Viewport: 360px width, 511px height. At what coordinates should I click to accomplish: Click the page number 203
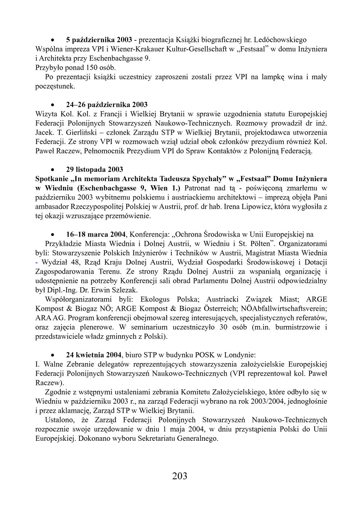(180, 476)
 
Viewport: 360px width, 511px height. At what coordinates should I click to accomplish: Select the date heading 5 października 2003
(99, 40)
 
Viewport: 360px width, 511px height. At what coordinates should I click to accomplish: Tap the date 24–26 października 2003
(107, 105)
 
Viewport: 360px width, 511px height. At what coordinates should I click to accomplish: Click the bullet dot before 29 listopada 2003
(53, 170)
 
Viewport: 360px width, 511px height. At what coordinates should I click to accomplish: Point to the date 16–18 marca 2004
(96, 234)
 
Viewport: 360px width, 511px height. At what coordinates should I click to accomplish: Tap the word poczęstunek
(55, 86)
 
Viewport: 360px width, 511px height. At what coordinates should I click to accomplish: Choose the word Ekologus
(155, 299)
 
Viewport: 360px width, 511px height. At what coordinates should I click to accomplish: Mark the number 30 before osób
(224, 327)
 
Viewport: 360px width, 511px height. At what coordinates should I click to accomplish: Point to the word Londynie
(241, 355)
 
